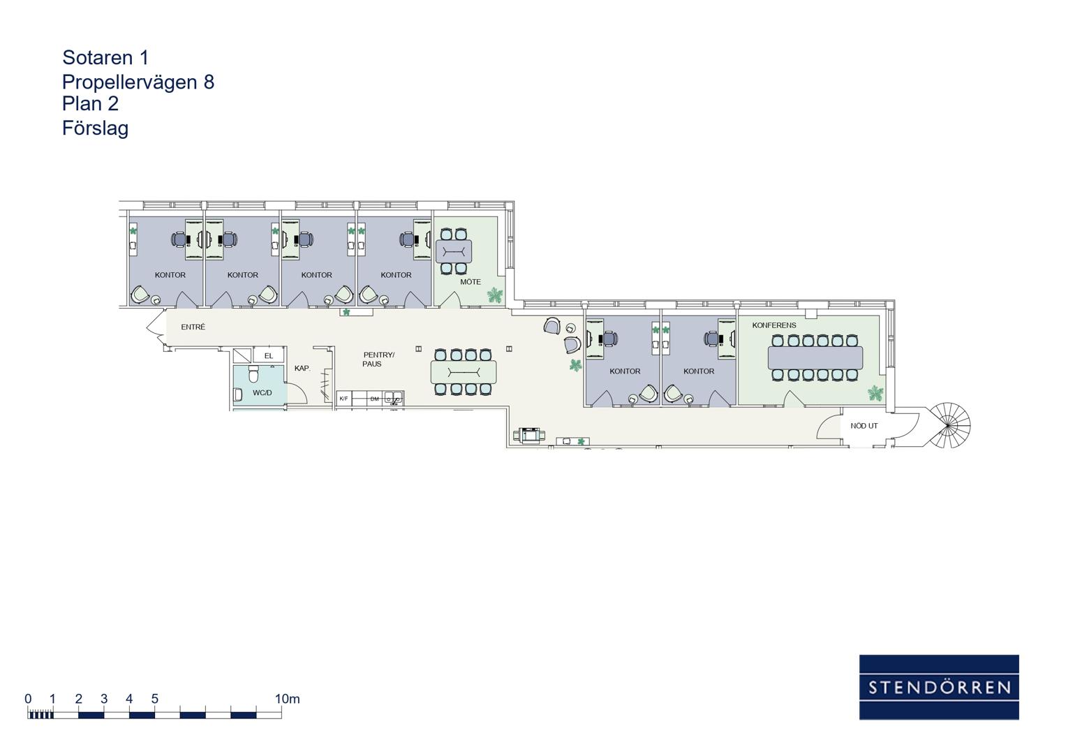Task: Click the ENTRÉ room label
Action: (x=193, y=327)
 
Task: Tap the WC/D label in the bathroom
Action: (x=262, y=392)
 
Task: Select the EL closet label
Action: (x=268, y=356)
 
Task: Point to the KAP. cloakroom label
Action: (x=302, y=369)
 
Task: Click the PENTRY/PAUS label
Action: (x=378, y=360)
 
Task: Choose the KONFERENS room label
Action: (x=773, y=325)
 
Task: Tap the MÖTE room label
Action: (x=471, y=282)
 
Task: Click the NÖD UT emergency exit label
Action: (x=864, y=426)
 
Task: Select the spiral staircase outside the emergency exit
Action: (x=949, y=426)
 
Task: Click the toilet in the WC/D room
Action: (x=253, y=375)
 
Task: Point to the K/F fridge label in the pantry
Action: (x=343, y=399)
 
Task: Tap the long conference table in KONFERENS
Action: (x=815, y=357)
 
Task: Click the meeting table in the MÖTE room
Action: (x=454, y=251)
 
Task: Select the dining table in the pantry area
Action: (x=464, y=372)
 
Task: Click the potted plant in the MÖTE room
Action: (x=495, y=295)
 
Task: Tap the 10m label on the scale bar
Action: (x=288, y=699)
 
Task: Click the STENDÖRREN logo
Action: (x=939, y=687)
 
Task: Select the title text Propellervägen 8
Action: (x=138, y=82)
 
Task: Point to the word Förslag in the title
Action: (x=95, y=128)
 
